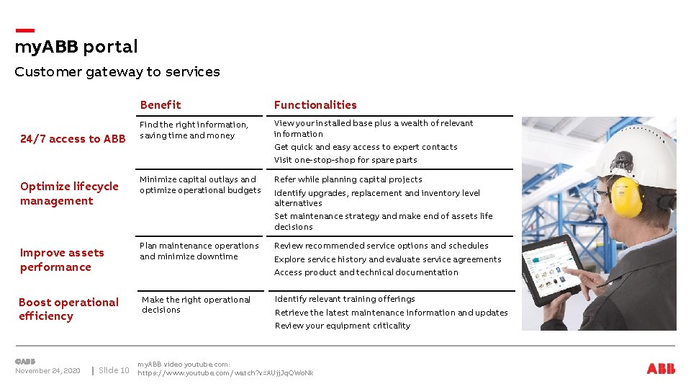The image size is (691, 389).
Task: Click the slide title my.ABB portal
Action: [76, 47]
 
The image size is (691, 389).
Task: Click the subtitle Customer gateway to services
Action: [117, 72]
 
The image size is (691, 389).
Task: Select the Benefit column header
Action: [161, 105]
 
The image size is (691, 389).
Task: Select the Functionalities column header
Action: [315, 105]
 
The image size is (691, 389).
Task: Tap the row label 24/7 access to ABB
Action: [73, 139]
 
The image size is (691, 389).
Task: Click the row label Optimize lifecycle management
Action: [69, 193]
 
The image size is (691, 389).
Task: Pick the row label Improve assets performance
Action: [62, 259]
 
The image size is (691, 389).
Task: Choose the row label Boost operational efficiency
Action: [68, 309]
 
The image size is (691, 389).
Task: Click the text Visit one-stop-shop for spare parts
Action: [345, 160]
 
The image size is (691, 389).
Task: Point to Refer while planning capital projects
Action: [348, 179]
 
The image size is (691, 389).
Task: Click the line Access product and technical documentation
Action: [366, 272]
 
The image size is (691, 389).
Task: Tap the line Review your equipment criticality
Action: [343, 326]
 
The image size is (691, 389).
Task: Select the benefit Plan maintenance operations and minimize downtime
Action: [199, 251]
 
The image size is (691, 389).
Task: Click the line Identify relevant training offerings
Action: [345, 299]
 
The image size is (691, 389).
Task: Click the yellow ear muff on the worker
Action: [625, 196]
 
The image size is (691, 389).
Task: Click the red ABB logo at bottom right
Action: [661, 369]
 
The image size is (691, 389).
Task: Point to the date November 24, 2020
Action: [48, 371]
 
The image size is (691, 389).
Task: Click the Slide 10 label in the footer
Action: [114, 371]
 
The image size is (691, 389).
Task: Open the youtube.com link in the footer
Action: [225, 373]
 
